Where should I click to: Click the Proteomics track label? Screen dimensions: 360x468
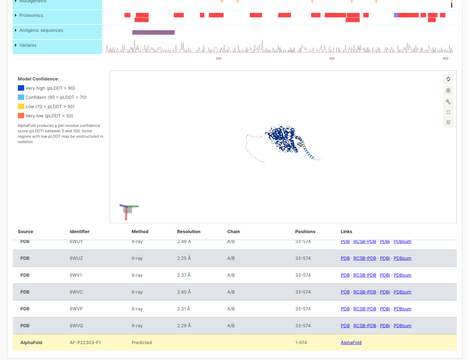click(x=31, y=15)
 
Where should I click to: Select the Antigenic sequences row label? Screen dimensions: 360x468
click(x=41, y=30)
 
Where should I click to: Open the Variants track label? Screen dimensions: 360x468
click(x=28, y=45)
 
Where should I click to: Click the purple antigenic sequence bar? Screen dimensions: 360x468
click(x=153, y=32)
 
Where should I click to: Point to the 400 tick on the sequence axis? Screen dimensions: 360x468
click(x=332, y=58)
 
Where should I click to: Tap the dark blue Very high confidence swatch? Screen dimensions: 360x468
click(x=21, y=88)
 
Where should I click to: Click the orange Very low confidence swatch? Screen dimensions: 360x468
click(x=21, y=116)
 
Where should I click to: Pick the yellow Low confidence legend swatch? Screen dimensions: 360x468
click(x=21, y=107)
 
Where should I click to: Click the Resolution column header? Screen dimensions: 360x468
click(x=189, y=232)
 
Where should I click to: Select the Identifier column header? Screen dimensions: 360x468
click(x=80, y=232)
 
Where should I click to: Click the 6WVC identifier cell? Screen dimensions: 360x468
click(x=76, y=292)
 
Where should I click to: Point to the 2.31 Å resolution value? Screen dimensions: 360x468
click(x=184, y=309)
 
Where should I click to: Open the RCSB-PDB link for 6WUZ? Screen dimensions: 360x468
click(x=365, y=258)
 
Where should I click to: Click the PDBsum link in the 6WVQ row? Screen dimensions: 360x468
click(x=402, y=326)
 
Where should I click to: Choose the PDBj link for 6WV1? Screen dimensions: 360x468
click(x=385, y=275)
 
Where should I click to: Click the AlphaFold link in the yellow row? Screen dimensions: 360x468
click(x=351, y=343)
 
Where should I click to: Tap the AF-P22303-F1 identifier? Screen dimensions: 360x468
click(x=85, y=343)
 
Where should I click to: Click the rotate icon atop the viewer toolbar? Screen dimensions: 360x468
click(x=448, y=79)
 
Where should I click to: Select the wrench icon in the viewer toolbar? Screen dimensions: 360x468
click(x=448, y=102)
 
